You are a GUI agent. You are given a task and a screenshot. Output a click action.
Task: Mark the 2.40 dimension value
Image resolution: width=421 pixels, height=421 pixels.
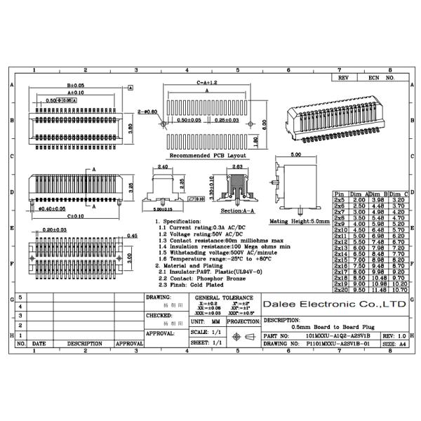tap(162, 167)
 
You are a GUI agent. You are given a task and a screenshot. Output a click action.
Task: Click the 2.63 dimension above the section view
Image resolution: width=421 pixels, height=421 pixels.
tap(236, 167)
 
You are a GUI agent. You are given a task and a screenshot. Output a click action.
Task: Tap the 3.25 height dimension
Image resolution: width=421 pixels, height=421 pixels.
tap(132, 189)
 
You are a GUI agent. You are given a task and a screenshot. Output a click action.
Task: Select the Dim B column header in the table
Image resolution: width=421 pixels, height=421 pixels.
tap(375, 193)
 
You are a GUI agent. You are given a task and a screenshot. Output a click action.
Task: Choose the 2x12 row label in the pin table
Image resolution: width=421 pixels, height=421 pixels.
tap(340, 241)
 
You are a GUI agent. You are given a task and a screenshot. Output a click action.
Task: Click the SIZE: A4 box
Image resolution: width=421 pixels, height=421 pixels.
tap(394, 345)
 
